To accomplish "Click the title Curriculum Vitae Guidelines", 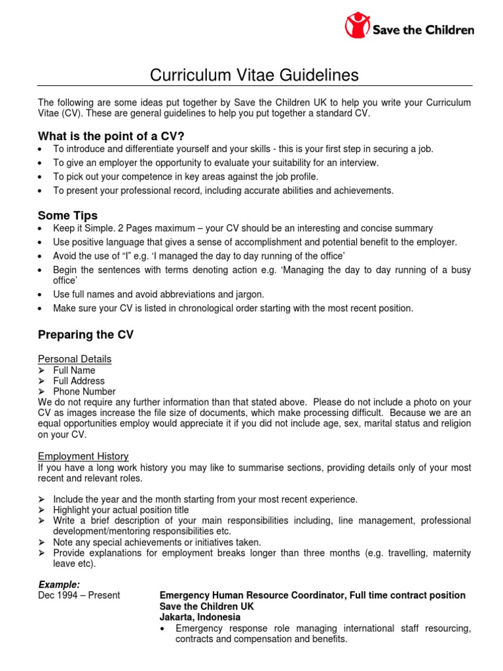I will click(254, 75).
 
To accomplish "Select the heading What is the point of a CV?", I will click(111, 136).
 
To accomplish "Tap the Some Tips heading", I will click(67, 215).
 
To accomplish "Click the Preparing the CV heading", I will click(85, 334).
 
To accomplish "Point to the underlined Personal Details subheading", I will click(75, 359).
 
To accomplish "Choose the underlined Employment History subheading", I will click(83, 456).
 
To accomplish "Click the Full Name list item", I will click(74, 370).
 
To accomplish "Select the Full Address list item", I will click(79, 381).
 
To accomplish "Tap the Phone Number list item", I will click(84, 391).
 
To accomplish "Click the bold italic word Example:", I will click(59, 584).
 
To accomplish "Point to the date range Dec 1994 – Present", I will click(79, 595).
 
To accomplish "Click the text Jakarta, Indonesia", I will click(200, 617).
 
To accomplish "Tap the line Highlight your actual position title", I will click(121, 510).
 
